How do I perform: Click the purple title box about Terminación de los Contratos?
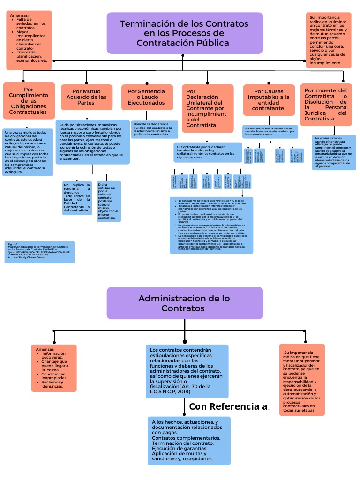[184, 33]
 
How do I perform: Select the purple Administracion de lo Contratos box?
[184, 303]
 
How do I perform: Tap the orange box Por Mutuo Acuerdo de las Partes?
[87, 97]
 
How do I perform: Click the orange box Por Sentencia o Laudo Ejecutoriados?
[146, 97]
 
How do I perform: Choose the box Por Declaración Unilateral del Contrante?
[207, 108]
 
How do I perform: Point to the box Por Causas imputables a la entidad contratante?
[269, 99]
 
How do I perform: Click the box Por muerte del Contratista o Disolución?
[326, 105]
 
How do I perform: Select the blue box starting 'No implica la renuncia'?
[77, 197]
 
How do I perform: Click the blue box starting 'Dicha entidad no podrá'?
[109, 201]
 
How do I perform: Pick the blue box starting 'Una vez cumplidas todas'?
[27, 152]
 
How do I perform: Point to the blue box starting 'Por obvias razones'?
[334, 152]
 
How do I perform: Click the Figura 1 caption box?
[39, 252]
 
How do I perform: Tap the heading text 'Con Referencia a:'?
[229, 406]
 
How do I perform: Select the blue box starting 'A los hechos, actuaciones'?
[189, 440]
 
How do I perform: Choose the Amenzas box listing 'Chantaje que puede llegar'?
[54, 368]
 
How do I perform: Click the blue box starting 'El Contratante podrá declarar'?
[207, 152]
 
